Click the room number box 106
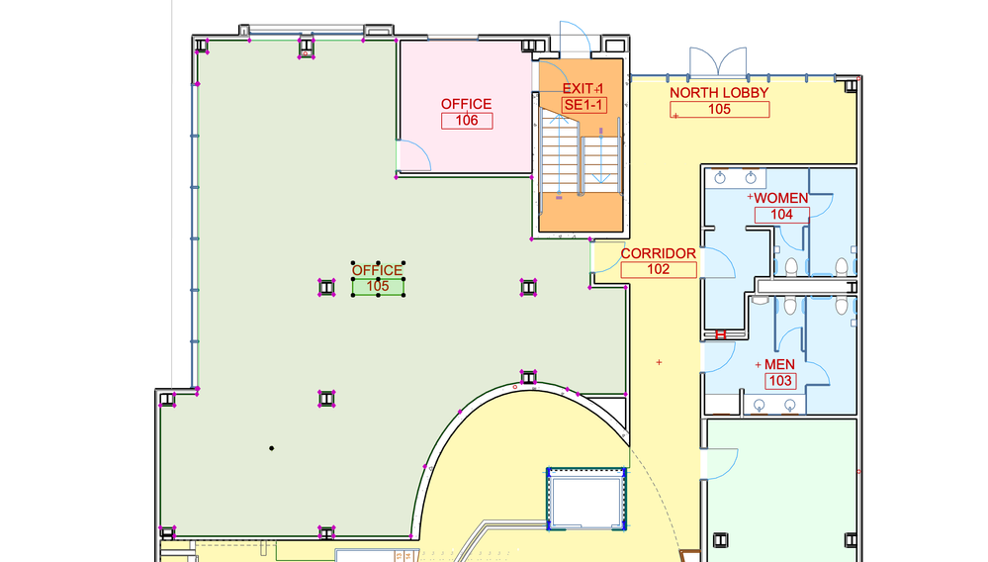[467, 121]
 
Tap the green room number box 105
[378, 287]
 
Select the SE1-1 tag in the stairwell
[584, 105]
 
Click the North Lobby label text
[719, 93]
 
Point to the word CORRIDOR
[659, 253]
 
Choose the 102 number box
[659, 270]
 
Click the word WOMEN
[781, 198]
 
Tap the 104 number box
[782, 215]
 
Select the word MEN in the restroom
[779, 364]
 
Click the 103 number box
[780, 381]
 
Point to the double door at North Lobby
[718, 61]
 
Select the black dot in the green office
[272, 448]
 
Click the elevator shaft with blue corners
[586, 499]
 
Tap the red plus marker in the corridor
[659, 362]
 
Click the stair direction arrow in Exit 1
[601, 157]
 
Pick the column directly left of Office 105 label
[326, 288]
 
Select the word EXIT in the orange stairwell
[578, 89]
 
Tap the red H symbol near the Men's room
[721, 335]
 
